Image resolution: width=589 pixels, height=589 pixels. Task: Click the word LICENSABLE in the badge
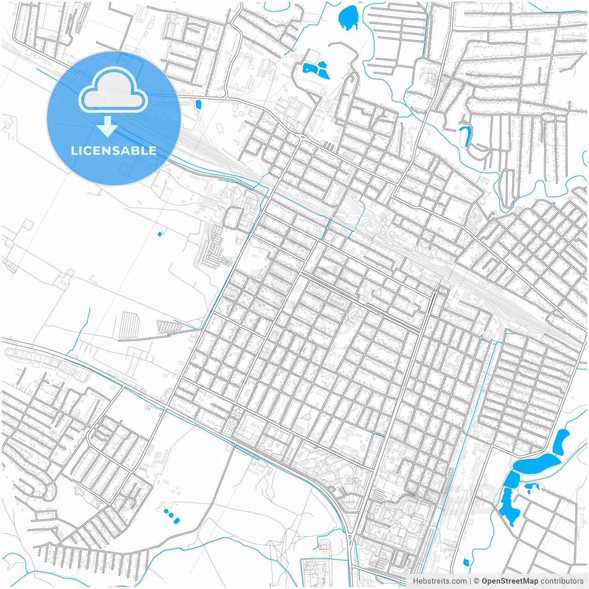coord(113,150)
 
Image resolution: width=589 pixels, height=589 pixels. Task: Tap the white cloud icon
coord(113,90)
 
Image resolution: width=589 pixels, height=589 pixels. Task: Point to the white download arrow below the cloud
coord(108,127)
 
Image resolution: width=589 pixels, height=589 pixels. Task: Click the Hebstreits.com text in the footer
coord(439,581)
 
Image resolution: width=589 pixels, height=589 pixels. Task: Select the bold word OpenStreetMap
coord(509,581)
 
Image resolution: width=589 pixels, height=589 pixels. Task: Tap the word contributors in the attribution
coord(562,581)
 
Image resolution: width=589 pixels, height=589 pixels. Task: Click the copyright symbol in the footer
coord(477,581)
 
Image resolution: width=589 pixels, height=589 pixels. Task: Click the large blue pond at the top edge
coord(348,17)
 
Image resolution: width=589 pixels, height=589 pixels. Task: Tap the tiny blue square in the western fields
coord(160,234)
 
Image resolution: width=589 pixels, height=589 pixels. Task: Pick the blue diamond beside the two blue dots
coord(177,520)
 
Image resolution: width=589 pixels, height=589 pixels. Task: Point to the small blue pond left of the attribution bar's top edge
coord(466,562)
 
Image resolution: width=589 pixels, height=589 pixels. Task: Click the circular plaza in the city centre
coord(355,315)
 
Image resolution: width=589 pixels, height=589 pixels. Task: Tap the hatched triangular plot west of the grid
coord(169,326)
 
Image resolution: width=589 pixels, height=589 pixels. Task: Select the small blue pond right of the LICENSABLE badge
coord(198,104)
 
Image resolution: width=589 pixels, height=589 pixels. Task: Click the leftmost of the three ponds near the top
coord(306,69)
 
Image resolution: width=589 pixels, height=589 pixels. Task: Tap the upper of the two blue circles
coord(167,511)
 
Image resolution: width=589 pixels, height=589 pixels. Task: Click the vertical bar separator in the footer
coord(470,581)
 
